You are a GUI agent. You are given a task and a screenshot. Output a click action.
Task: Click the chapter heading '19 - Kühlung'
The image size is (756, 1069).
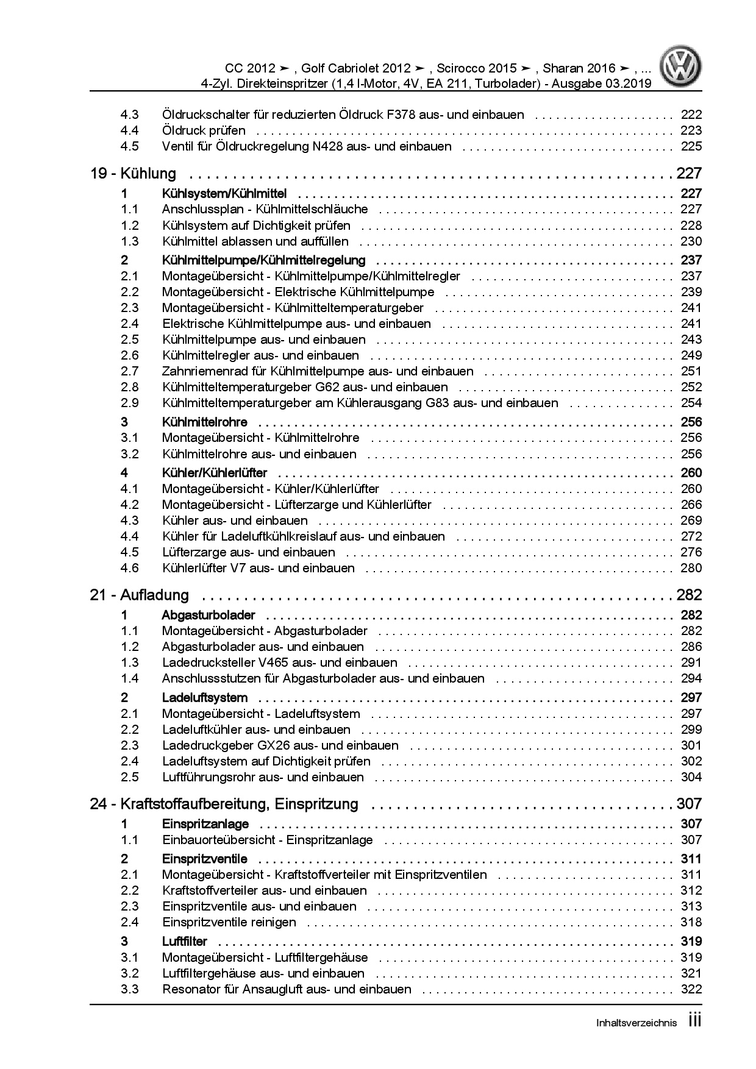tap(133, 174)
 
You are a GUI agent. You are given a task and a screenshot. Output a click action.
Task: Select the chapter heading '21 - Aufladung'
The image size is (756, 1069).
tap(140, 595)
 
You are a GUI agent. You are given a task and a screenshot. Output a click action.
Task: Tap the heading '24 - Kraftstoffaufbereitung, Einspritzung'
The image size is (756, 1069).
tap(224, 804)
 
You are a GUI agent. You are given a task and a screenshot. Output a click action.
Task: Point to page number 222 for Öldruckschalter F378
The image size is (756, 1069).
tap(691, 115)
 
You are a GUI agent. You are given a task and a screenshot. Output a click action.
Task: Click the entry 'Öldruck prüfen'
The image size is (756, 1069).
tap(204, 130)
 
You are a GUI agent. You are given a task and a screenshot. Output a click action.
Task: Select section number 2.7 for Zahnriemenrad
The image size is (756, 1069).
tap(129, 371)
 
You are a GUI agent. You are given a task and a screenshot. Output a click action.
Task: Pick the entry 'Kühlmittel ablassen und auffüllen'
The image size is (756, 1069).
tap(255, 241)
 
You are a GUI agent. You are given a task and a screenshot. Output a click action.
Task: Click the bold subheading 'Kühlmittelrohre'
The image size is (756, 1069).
tap(205, 422)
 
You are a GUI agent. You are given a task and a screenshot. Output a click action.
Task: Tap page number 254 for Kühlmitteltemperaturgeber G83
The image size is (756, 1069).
tap(691, 403)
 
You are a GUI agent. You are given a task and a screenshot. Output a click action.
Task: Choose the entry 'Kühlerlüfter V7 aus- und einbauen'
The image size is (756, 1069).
tap(259, 568)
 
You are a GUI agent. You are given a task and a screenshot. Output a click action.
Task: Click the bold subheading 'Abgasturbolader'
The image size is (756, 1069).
tap(209, 616)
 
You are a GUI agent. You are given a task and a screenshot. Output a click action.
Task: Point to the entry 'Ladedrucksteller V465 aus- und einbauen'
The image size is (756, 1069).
tap(280, 662)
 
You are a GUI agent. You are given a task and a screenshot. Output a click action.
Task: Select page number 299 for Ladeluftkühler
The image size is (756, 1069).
tap(691, 730)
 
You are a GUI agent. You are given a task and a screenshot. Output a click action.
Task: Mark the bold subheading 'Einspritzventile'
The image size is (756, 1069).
tap(205, 859)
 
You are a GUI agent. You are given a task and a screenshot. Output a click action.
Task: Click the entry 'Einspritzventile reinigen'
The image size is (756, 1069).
tap(229, 923)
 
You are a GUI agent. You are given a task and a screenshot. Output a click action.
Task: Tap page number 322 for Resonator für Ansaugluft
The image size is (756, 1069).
tap(691, 990)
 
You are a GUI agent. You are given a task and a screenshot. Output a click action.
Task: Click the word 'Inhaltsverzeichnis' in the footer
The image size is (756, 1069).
tap(636, 1023)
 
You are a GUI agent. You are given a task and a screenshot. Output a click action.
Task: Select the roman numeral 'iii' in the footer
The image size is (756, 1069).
tap(694, 1021)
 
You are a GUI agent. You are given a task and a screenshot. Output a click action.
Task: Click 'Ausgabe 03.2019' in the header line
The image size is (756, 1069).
tap(601, 83)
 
